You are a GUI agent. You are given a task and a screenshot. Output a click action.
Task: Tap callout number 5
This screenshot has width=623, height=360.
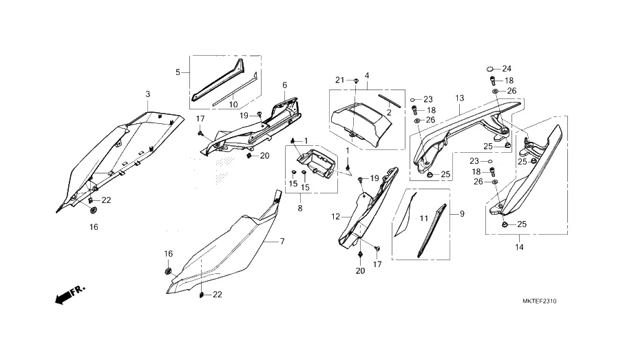pyautogui.click(x=178, y=72)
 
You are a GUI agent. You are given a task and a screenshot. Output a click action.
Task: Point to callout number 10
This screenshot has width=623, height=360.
pyautogui.click(x=233, y=104)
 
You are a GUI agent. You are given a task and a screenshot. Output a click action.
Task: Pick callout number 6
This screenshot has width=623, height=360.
pyautogui.click(x=284, y=85)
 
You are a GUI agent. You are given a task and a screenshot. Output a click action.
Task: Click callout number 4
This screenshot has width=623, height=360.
pyautogui.click(x=367, y=75)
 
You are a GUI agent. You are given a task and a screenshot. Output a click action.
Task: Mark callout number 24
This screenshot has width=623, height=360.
pyautogui.click(x=507, y=69)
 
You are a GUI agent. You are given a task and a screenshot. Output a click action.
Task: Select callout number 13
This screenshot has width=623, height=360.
pyautogui.click(x=458, y=98)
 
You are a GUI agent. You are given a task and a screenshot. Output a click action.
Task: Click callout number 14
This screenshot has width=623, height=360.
pyautogui.click(x=519, y=246)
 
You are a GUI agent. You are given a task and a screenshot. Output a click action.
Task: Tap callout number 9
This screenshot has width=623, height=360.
pyautogui.click(x=462, y=214)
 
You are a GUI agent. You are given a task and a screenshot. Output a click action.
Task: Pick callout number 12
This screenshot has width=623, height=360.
pyautogui.click(x=335, y=217)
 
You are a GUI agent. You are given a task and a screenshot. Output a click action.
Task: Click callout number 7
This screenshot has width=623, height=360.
pyautogui.click(x=281, y=242)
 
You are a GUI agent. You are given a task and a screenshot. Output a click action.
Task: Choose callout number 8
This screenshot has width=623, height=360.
pyautogui.click(x=299, y=207)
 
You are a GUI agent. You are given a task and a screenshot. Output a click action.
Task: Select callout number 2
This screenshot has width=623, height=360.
pyautogui.click(x=388, y=112)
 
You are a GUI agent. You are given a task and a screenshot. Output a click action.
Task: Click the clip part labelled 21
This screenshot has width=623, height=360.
pyautogui.click(x=355, y=81)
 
